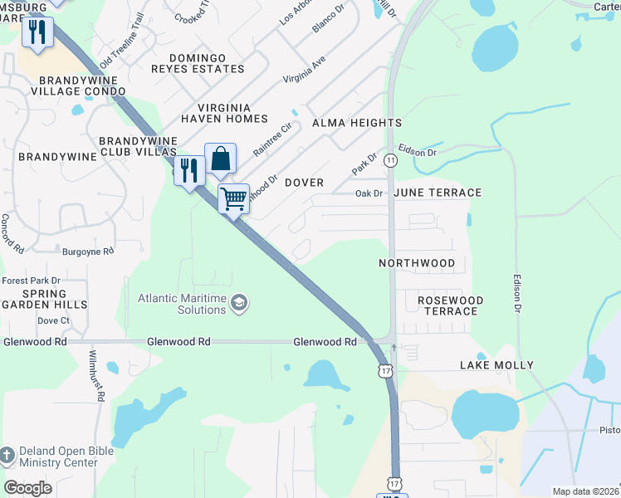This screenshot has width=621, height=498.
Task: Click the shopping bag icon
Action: click(220, 158)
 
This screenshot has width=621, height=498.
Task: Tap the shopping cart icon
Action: click(234, 198)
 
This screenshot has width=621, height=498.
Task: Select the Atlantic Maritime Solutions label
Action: click(182, 304)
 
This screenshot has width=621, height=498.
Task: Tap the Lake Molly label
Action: click(496, 365)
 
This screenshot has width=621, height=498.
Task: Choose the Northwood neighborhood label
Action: click(428, 263)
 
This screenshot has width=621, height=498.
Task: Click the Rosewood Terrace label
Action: click(450, 305)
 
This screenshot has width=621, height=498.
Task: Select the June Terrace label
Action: click(438, 193)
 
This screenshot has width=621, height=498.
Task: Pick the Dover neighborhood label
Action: click(304, 182)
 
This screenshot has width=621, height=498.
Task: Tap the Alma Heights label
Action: click(357, 123)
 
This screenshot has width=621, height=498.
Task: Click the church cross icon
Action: click(7, 454)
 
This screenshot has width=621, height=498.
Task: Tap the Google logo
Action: click(28, 487)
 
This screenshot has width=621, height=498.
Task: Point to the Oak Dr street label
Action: click(369, 193)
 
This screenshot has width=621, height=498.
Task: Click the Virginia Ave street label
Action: click(305, 71)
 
